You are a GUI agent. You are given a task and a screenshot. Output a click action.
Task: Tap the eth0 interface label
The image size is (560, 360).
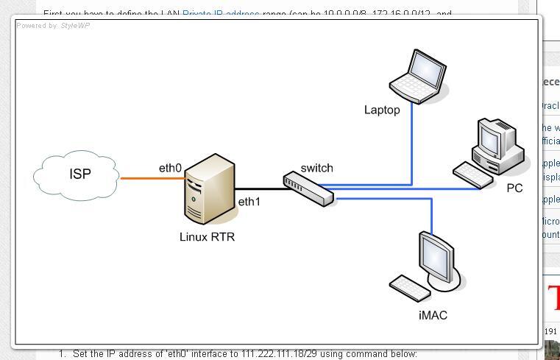[x=170, y=169]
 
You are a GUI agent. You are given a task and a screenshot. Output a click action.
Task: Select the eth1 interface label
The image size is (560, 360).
[x=249, y=201]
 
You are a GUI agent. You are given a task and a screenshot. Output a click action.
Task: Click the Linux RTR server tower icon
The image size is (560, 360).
[x=209, y=188]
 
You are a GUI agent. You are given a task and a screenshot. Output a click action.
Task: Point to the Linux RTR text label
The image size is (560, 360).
[x=208, y=237]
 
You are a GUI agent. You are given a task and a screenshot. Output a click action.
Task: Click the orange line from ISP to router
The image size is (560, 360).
[x=151, y=178]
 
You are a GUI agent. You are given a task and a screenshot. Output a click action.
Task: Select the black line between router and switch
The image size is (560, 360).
[x=260, y=189]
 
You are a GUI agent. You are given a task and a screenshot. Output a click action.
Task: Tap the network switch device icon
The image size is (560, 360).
[x=309, y=188]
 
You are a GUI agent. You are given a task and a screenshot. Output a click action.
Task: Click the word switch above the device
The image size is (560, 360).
[x=316, y=169]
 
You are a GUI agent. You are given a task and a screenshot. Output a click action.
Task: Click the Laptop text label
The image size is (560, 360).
[x=382, y=110]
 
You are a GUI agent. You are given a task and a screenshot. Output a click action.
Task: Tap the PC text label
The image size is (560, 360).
[x=514, y=188]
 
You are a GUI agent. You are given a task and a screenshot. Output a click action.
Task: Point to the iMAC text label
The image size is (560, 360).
[x=432, y=316]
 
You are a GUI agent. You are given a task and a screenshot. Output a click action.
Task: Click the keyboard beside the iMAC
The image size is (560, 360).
[x=409, y=287]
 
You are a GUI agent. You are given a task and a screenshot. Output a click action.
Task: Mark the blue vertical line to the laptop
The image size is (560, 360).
[x=411, y=144]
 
